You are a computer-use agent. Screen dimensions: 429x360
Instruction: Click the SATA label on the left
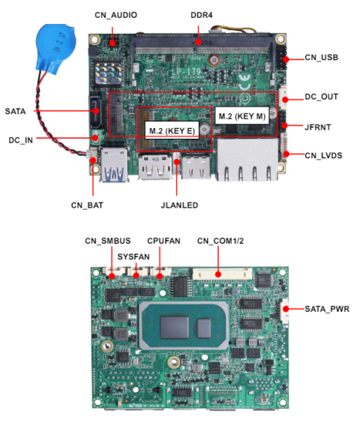(15, 112)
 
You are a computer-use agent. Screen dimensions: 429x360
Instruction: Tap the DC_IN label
(20, 139)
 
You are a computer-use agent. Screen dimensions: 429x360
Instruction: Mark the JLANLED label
(177, 204)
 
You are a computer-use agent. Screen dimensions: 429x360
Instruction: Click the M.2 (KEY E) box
(172, 130)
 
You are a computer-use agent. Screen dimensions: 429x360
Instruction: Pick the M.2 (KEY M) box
(241, 116)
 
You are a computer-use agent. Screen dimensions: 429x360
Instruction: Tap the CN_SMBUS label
(107, 241)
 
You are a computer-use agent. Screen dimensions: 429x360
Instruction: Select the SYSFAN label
(133, 255)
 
